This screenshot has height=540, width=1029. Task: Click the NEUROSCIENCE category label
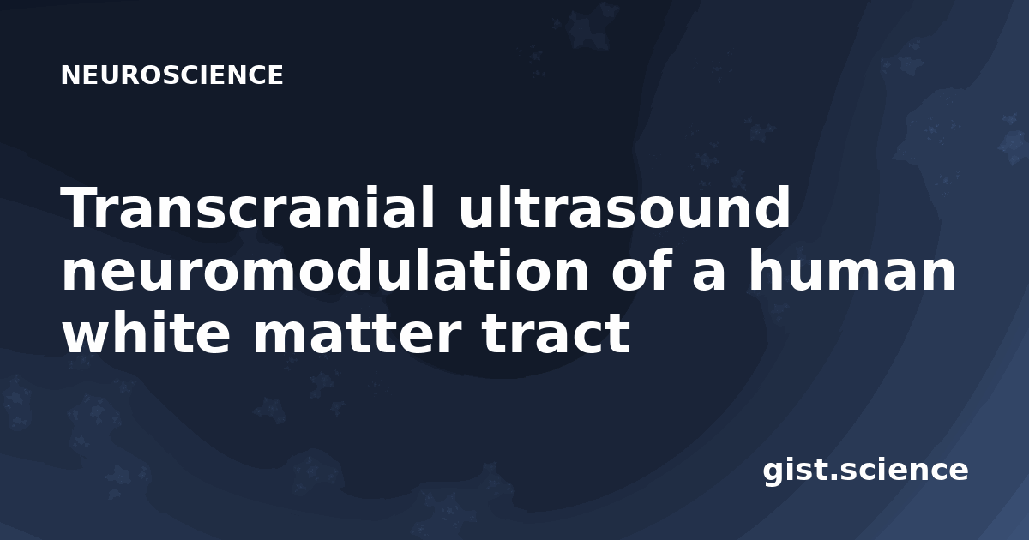tap(171, 75)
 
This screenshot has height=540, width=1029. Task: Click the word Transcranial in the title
tap(248, 207)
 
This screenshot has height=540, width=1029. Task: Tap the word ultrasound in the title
tap(624, 207)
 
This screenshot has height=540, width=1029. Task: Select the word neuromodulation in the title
tap(325, 269)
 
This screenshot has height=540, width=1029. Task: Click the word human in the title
tap(852, 269)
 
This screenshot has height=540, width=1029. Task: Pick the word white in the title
tap(146, 332)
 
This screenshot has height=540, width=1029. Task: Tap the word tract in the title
tap(555, 333)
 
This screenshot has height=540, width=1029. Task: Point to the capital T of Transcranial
tap(81, 207)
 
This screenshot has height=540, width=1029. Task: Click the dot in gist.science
tap(833, 477)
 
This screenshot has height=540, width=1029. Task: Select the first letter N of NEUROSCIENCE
tap(69, 75)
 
